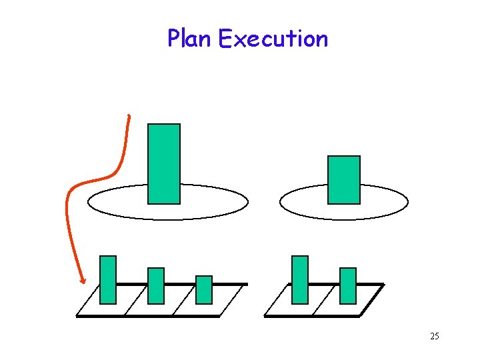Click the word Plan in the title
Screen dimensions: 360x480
click(190, 39)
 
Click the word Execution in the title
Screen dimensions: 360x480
click(273, 39)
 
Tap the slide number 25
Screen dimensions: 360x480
click(434, 336)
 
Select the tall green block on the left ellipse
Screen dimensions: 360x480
click(164, 163)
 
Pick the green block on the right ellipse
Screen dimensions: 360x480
click(344, 179)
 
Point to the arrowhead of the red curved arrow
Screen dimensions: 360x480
click(82, 281)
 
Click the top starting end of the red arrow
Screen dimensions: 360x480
click(128, 117)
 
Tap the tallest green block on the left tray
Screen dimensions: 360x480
click(108, 279)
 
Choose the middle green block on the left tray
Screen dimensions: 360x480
click(156, 285)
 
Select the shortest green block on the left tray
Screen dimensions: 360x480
click(204, 289)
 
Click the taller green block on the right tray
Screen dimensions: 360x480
click(300, 279)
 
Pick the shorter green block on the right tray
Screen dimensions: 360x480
click(348, 285)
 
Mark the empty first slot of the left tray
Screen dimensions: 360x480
click(100, 308)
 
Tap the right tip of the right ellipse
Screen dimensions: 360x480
click(407, 202)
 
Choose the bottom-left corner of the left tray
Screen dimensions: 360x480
click(77, 316)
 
